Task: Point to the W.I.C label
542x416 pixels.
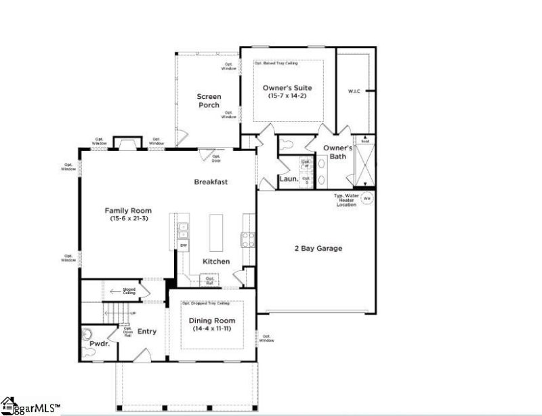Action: [354, 90]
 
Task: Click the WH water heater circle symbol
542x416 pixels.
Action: [367, 199]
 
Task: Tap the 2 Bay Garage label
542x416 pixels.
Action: [318, 249]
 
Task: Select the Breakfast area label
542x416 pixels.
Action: [210, 182]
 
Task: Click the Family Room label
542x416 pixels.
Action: [127, 210]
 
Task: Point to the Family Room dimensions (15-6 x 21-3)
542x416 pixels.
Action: [127, 219]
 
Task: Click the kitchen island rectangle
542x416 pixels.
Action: [216, 233]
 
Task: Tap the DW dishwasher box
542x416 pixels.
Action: [183, 244]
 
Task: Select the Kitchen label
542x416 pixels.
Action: [216, 262]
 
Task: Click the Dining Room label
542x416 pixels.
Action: [211, 320]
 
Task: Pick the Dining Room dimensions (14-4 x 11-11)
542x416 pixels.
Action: [211, 329]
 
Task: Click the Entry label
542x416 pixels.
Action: [147, 331]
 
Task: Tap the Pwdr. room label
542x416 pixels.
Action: [100, 344]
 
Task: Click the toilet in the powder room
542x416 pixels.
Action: [86, 334]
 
